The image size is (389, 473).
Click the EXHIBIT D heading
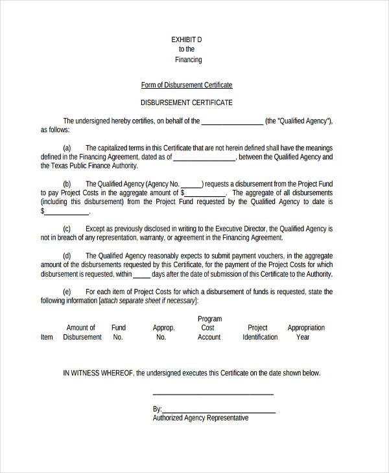point(187,40)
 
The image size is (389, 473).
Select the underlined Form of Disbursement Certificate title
point(187,85)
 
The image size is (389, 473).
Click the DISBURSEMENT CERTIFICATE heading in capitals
point(187,103)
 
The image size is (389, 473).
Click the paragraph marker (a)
point(67,148)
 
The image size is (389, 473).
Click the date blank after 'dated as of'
point(205,158)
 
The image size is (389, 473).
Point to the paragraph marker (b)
point(67,184)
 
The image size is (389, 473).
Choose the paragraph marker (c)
point(67,229)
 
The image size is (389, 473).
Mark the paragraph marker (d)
point(67,256)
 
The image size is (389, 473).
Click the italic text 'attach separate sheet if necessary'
point(148,301)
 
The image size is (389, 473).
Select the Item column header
point(47,337)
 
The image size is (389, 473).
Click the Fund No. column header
point(119,332)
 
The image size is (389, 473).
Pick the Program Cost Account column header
point(209,328)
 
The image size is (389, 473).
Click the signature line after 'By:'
point(218,411)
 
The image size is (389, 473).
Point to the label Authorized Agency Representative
point(200,419)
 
